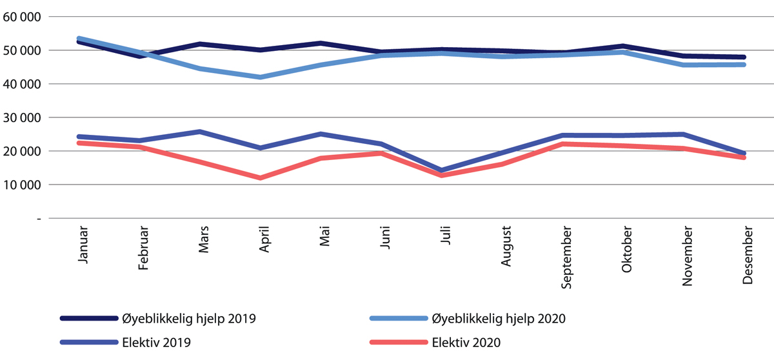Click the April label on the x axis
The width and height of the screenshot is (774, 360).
pyautogui.click(x=264, y=240)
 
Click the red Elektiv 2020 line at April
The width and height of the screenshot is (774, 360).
pyautogui.click(x=261, y=178)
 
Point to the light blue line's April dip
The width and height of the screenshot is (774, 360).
pyautogui.click(x=261, y=77)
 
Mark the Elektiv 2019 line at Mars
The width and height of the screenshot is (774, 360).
pyautogui.click(x=200, y=132)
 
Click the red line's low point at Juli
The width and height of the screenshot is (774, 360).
pyautogui.click(x=442, y=175)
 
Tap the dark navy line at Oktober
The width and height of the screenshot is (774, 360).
pyautogui.click(x=623, y=46)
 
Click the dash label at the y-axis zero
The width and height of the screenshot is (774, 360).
pyautogui.click(x=39, y=219)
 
